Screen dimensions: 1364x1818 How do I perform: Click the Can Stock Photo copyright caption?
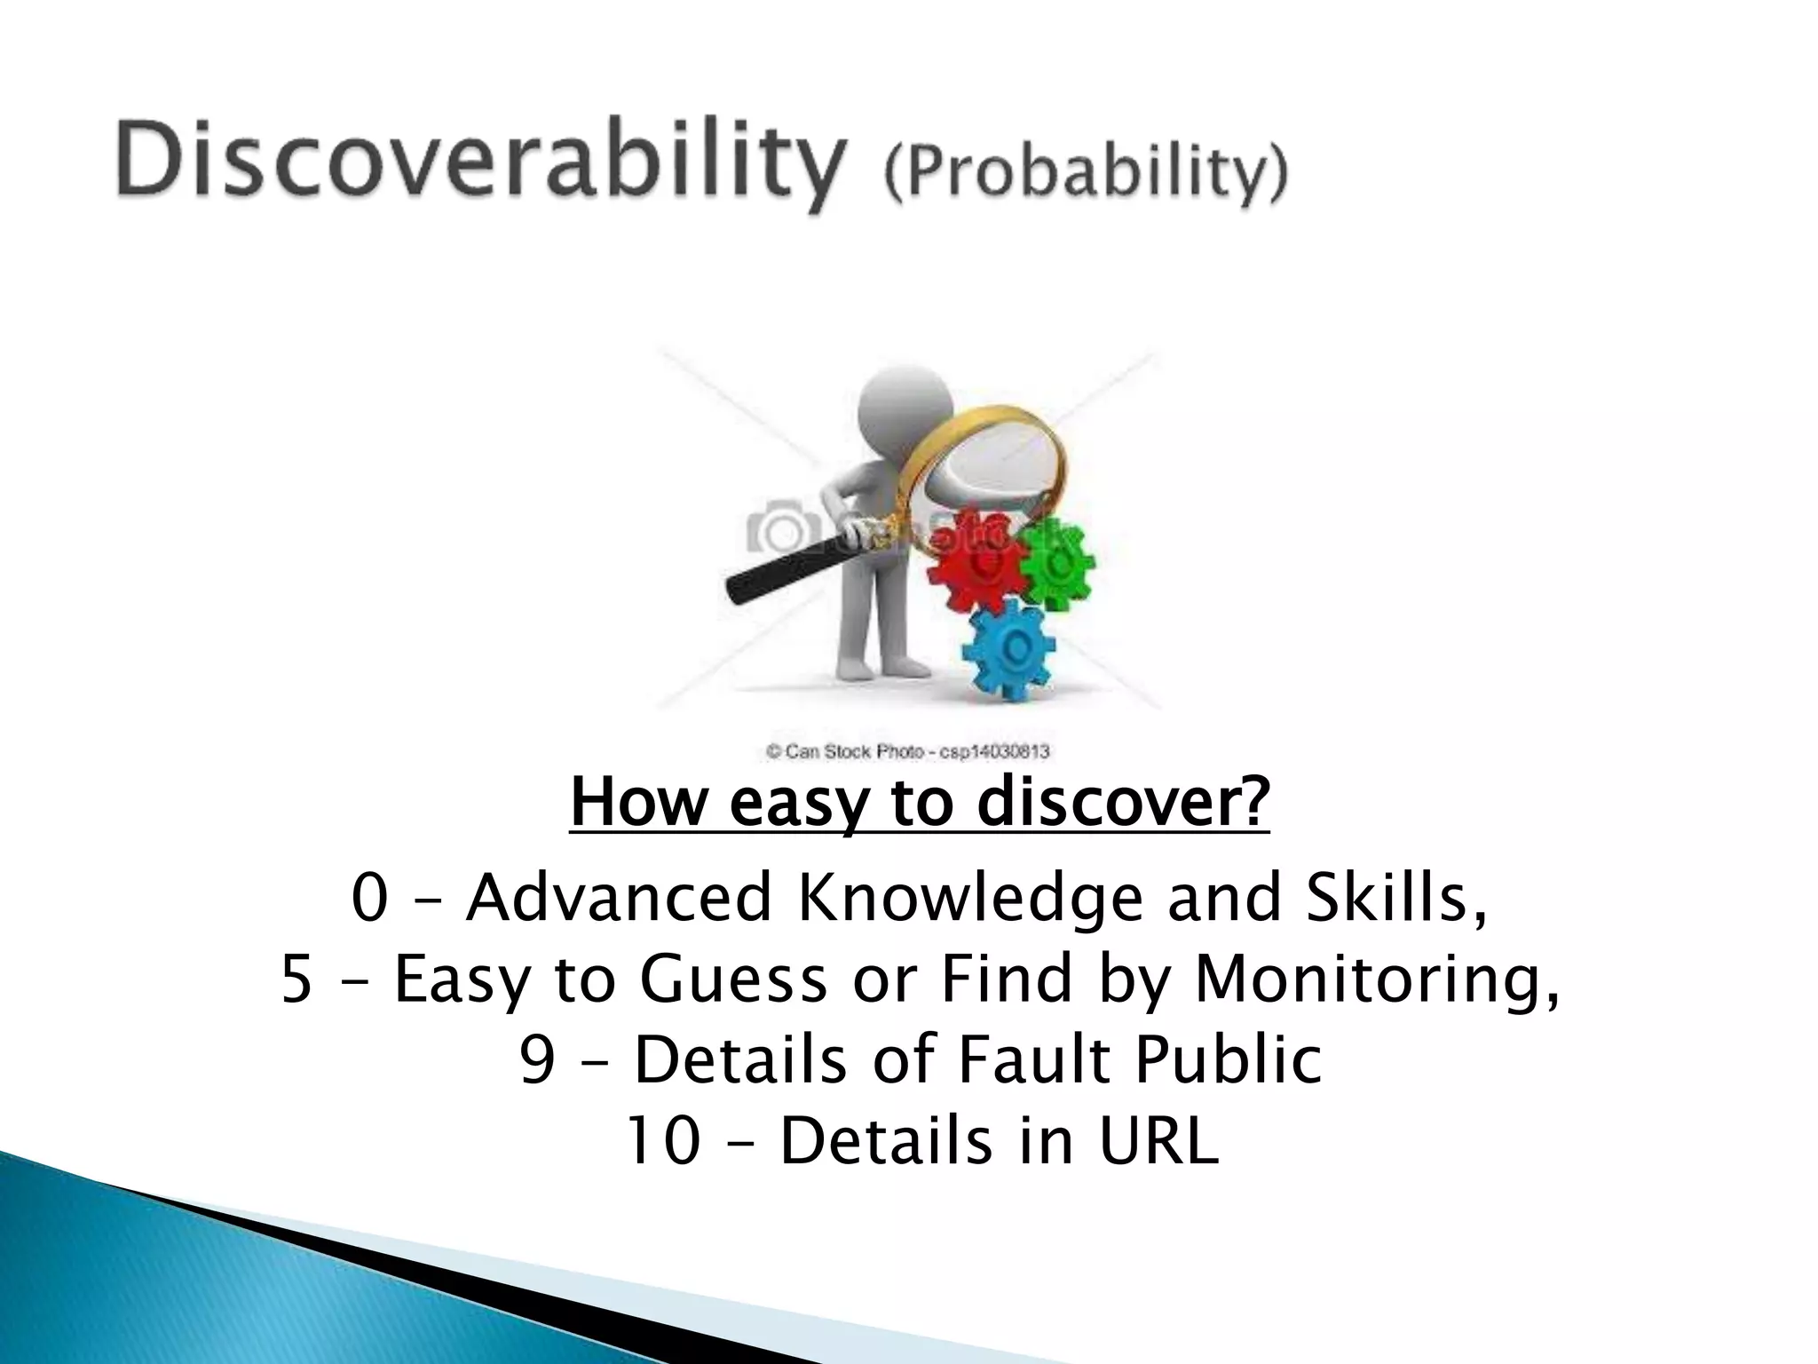point(907,752)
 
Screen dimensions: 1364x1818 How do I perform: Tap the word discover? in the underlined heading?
point(1123,801)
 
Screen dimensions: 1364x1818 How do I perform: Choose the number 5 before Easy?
point(296,979)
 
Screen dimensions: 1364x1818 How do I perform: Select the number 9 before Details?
point(537,1060)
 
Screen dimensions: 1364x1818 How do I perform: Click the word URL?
point(1159,1141)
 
